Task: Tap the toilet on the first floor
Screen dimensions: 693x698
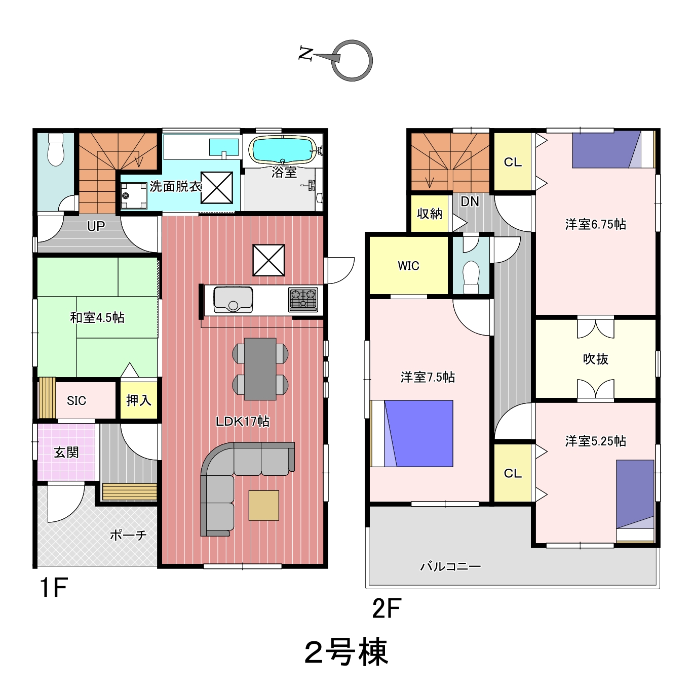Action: (x=56, y=149)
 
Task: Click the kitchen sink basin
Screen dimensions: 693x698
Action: (x=233, y=300)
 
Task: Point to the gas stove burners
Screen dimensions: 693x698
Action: (x=303, y=299)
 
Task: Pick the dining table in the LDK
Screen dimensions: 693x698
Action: (x=260, y=369)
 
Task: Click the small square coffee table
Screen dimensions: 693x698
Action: (x=263, y=505)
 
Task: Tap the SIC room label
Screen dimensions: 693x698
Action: (x=76, y=400)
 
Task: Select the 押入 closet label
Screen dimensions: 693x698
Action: (x=138, y=400)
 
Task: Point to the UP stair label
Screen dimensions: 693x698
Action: (x=96, y=226)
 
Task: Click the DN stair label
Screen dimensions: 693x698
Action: (x=470, y=201)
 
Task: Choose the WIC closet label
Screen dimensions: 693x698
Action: (x=408, y=266)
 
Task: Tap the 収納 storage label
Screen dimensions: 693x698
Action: (x=430, y=214)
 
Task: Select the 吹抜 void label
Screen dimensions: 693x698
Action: (x=595, y=358)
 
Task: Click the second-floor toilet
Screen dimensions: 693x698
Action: (x=471, y=277)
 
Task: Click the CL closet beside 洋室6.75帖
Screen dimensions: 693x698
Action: (x=513, y=161)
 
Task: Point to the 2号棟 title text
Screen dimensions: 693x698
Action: (x=346, y=652)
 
